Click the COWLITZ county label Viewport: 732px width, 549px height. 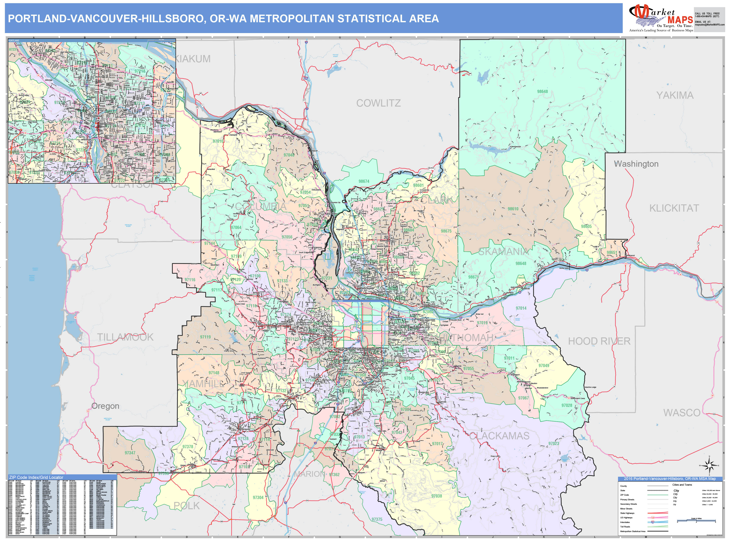(378, 103)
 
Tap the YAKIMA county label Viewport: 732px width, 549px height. (675, 95)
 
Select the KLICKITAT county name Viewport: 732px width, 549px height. (674, 208)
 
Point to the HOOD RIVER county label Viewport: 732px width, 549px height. (599, 341)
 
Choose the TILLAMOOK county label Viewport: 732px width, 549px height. (125, 337)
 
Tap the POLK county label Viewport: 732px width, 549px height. (187, 506)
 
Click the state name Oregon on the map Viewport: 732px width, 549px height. (105, 406)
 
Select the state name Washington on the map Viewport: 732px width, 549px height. (636, 164)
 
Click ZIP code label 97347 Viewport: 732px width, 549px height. (130, 453)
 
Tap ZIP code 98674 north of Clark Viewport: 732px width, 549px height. (364, 181)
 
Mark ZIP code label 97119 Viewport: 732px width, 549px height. (205, 337)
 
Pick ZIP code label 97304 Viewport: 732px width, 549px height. (258, 497)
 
